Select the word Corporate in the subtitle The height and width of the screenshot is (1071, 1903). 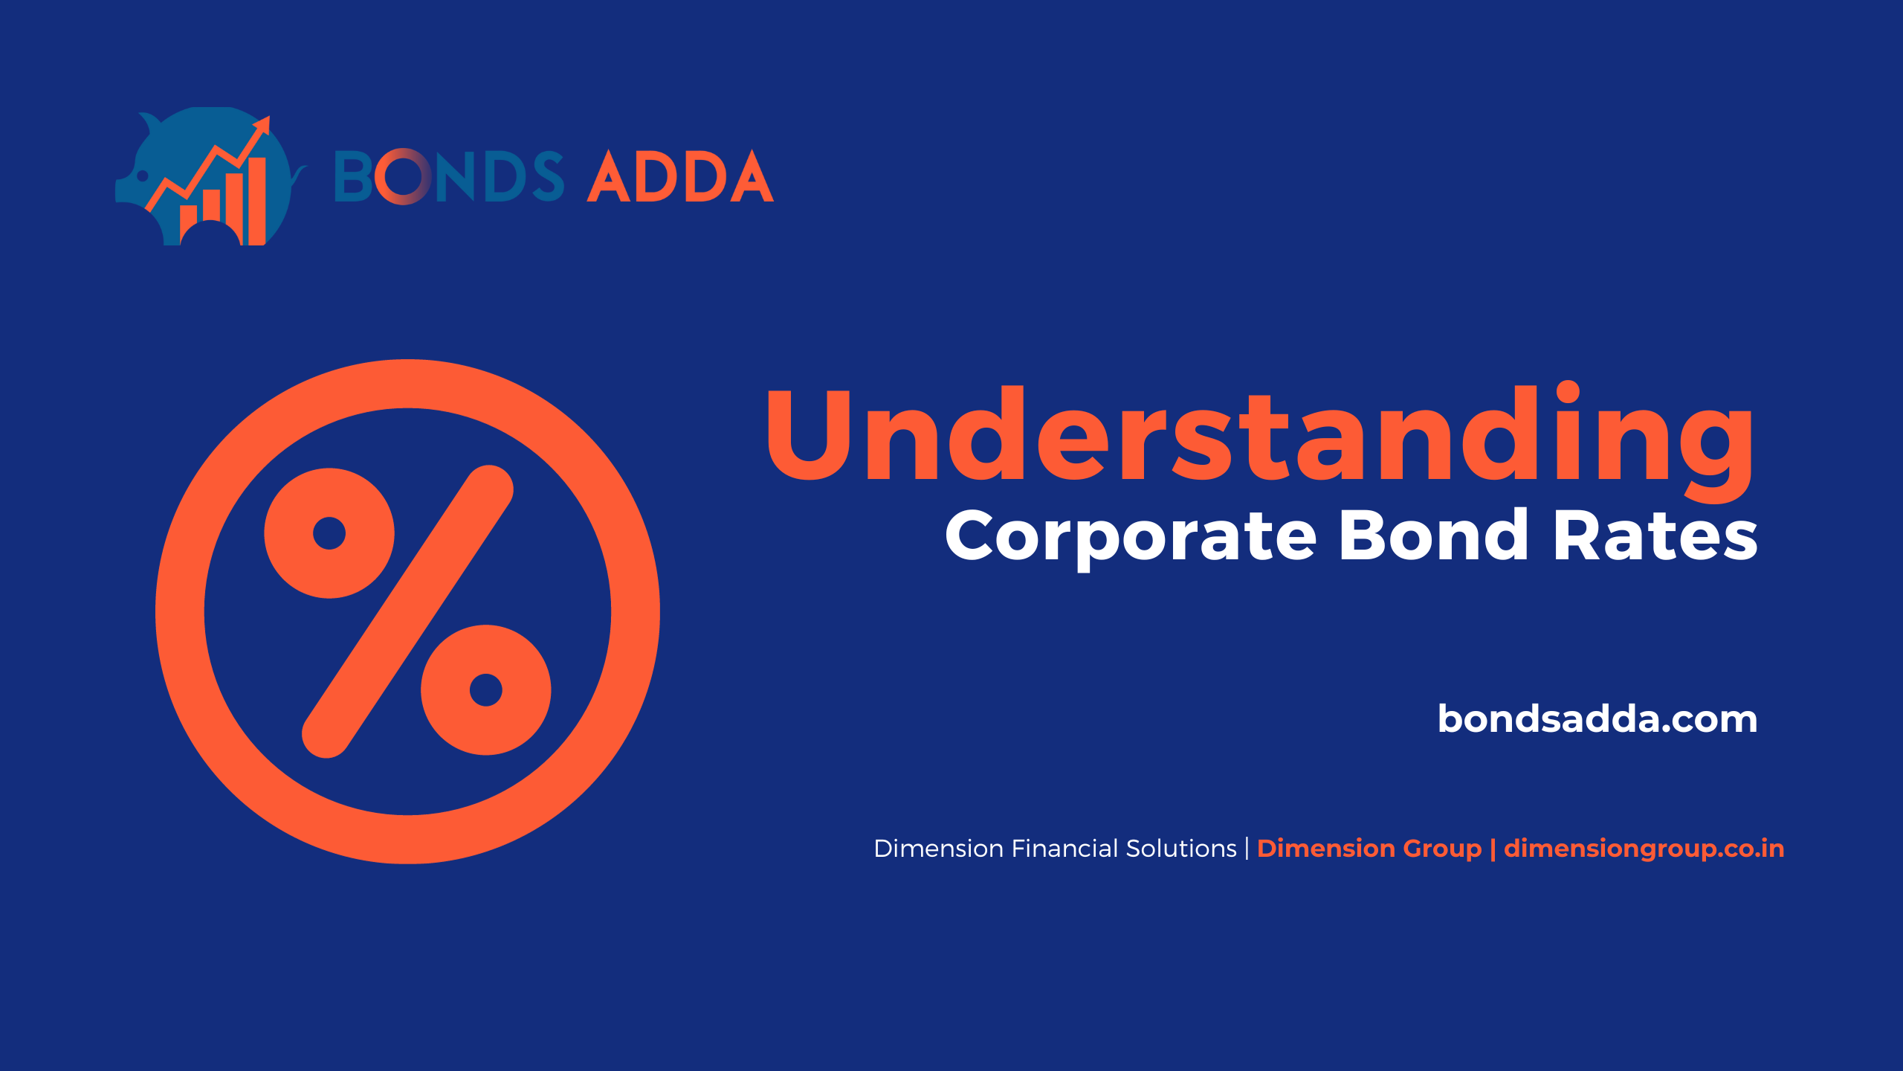(1131, 537)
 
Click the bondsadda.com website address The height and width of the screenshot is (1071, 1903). (1597, 718)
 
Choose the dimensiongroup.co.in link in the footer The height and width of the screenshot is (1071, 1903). (1644, 849)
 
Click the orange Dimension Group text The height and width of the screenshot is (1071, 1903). (1369, 849)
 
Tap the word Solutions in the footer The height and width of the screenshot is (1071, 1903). (1181, 849)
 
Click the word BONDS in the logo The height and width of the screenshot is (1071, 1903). (449, 176)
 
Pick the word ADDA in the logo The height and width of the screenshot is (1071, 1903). (680, 176)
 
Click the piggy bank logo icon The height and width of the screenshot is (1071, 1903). (210, 176)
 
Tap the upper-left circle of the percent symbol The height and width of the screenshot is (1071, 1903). (329, 533)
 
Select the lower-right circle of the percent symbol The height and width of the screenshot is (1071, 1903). (486, 690)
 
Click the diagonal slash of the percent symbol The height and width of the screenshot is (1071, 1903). (408, 611)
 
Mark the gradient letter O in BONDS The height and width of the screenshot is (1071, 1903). (402, 176)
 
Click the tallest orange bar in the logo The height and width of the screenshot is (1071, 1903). (257, 201)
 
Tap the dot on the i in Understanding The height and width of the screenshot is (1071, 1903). (1568, 392)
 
